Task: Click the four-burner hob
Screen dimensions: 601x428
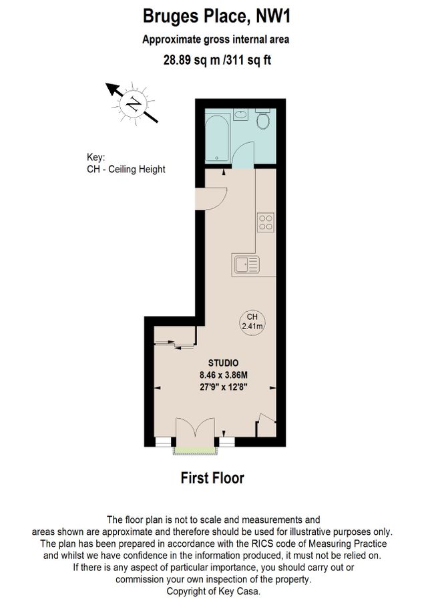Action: click(266, 222)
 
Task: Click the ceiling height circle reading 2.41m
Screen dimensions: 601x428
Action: click(252, 321)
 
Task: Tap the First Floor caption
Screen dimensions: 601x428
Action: click(213, 478)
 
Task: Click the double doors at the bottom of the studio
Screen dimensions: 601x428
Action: click(196, 430)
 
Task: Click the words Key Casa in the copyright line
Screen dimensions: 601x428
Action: click(243, 592)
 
